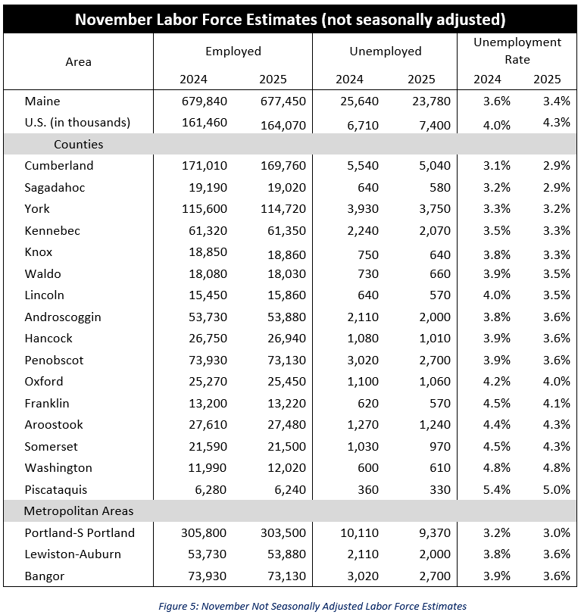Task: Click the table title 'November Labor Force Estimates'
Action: coord(290,19)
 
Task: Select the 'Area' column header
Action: coord(78,61)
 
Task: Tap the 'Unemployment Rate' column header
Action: coord(517,51)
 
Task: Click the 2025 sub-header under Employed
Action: coord(273,79)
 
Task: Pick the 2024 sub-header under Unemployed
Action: coord(349,79)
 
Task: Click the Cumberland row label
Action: coord(59,166)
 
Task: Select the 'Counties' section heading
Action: coord(78,144)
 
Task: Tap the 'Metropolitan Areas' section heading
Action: coord(79,511)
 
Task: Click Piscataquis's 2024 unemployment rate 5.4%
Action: coord(492,490)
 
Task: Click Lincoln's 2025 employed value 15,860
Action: coord(286,295)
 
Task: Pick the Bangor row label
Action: coord(45,576)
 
